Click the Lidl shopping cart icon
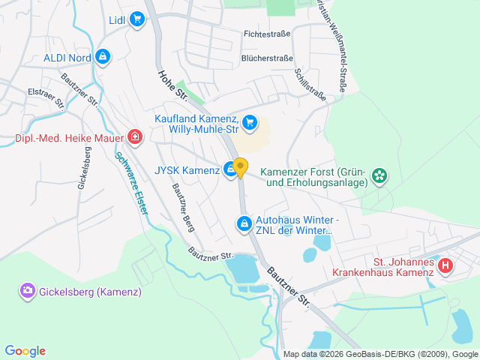pos(136,19)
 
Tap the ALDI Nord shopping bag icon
pos(103,56)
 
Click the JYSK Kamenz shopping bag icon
pos(230,170)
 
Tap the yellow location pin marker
pos(240,167)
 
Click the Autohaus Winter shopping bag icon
pos(244,223)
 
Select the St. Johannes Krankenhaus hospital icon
pos(445,265)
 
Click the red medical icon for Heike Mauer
pos(134,136)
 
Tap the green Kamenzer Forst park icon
pos(380,176)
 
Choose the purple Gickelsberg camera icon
pos(28,289)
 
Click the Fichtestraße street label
pos(266,34)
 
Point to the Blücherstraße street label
pos(265,57)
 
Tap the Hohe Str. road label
pos(172,84)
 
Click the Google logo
pos(25,351)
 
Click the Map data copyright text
pos(380,354)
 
